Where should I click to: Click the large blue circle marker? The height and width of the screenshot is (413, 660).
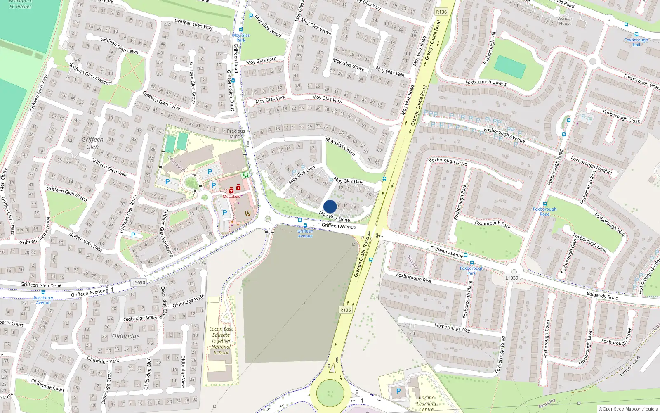click(330, 206)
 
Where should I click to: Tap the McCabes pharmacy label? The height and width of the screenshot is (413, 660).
click(231, 197)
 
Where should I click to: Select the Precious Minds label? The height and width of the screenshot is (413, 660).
click(236, 133)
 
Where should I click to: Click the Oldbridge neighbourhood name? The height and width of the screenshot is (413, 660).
click(126, 336)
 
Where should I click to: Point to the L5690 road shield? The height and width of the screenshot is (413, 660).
click(139, 282)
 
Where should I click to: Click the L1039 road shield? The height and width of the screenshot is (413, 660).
click(511, 278)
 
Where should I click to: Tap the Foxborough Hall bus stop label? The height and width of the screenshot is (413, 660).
click(636, 42)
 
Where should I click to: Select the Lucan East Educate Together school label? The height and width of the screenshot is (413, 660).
click(221, 341)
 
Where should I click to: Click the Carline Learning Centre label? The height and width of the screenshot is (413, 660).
click(427, 404)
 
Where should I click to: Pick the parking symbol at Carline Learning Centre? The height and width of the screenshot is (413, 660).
click(398, 391)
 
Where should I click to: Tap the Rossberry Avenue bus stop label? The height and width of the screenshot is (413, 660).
click(43, 300)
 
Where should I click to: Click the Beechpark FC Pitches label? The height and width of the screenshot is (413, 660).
click(21, 4)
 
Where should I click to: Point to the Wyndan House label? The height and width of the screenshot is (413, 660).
click(565, 21)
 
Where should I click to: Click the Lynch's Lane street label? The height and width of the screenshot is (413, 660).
click(630, 366)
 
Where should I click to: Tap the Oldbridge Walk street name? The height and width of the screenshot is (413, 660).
click(188, 301)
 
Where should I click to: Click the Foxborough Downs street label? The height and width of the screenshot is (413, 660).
click(486, 82)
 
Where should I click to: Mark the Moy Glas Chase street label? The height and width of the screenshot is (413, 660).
click(340, 146)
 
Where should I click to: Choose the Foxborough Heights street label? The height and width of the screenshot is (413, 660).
click(591, 164)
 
